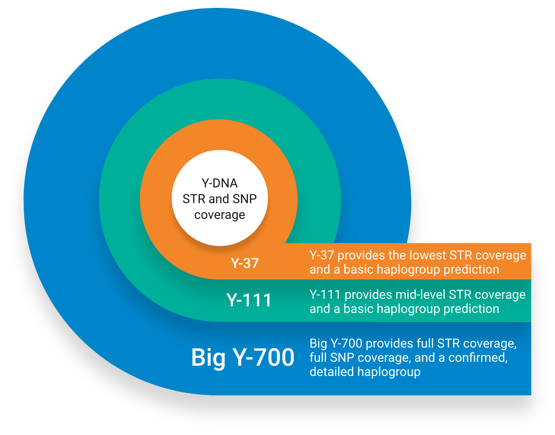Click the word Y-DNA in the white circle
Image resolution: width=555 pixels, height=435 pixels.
220,183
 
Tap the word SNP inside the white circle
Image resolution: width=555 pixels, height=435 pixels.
244,199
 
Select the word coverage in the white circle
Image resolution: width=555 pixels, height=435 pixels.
220,215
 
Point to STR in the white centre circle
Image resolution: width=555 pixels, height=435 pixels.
194,199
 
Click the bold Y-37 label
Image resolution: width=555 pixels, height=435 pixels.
245,263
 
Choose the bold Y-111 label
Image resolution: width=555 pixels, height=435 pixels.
249,300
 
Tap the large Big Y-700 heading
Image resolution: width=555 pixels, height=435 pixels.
243,357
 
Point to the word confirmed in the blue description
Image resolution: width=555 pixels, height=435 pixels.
477,358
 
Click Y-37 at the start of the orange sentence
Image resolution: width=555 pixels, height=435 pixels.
322,255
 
